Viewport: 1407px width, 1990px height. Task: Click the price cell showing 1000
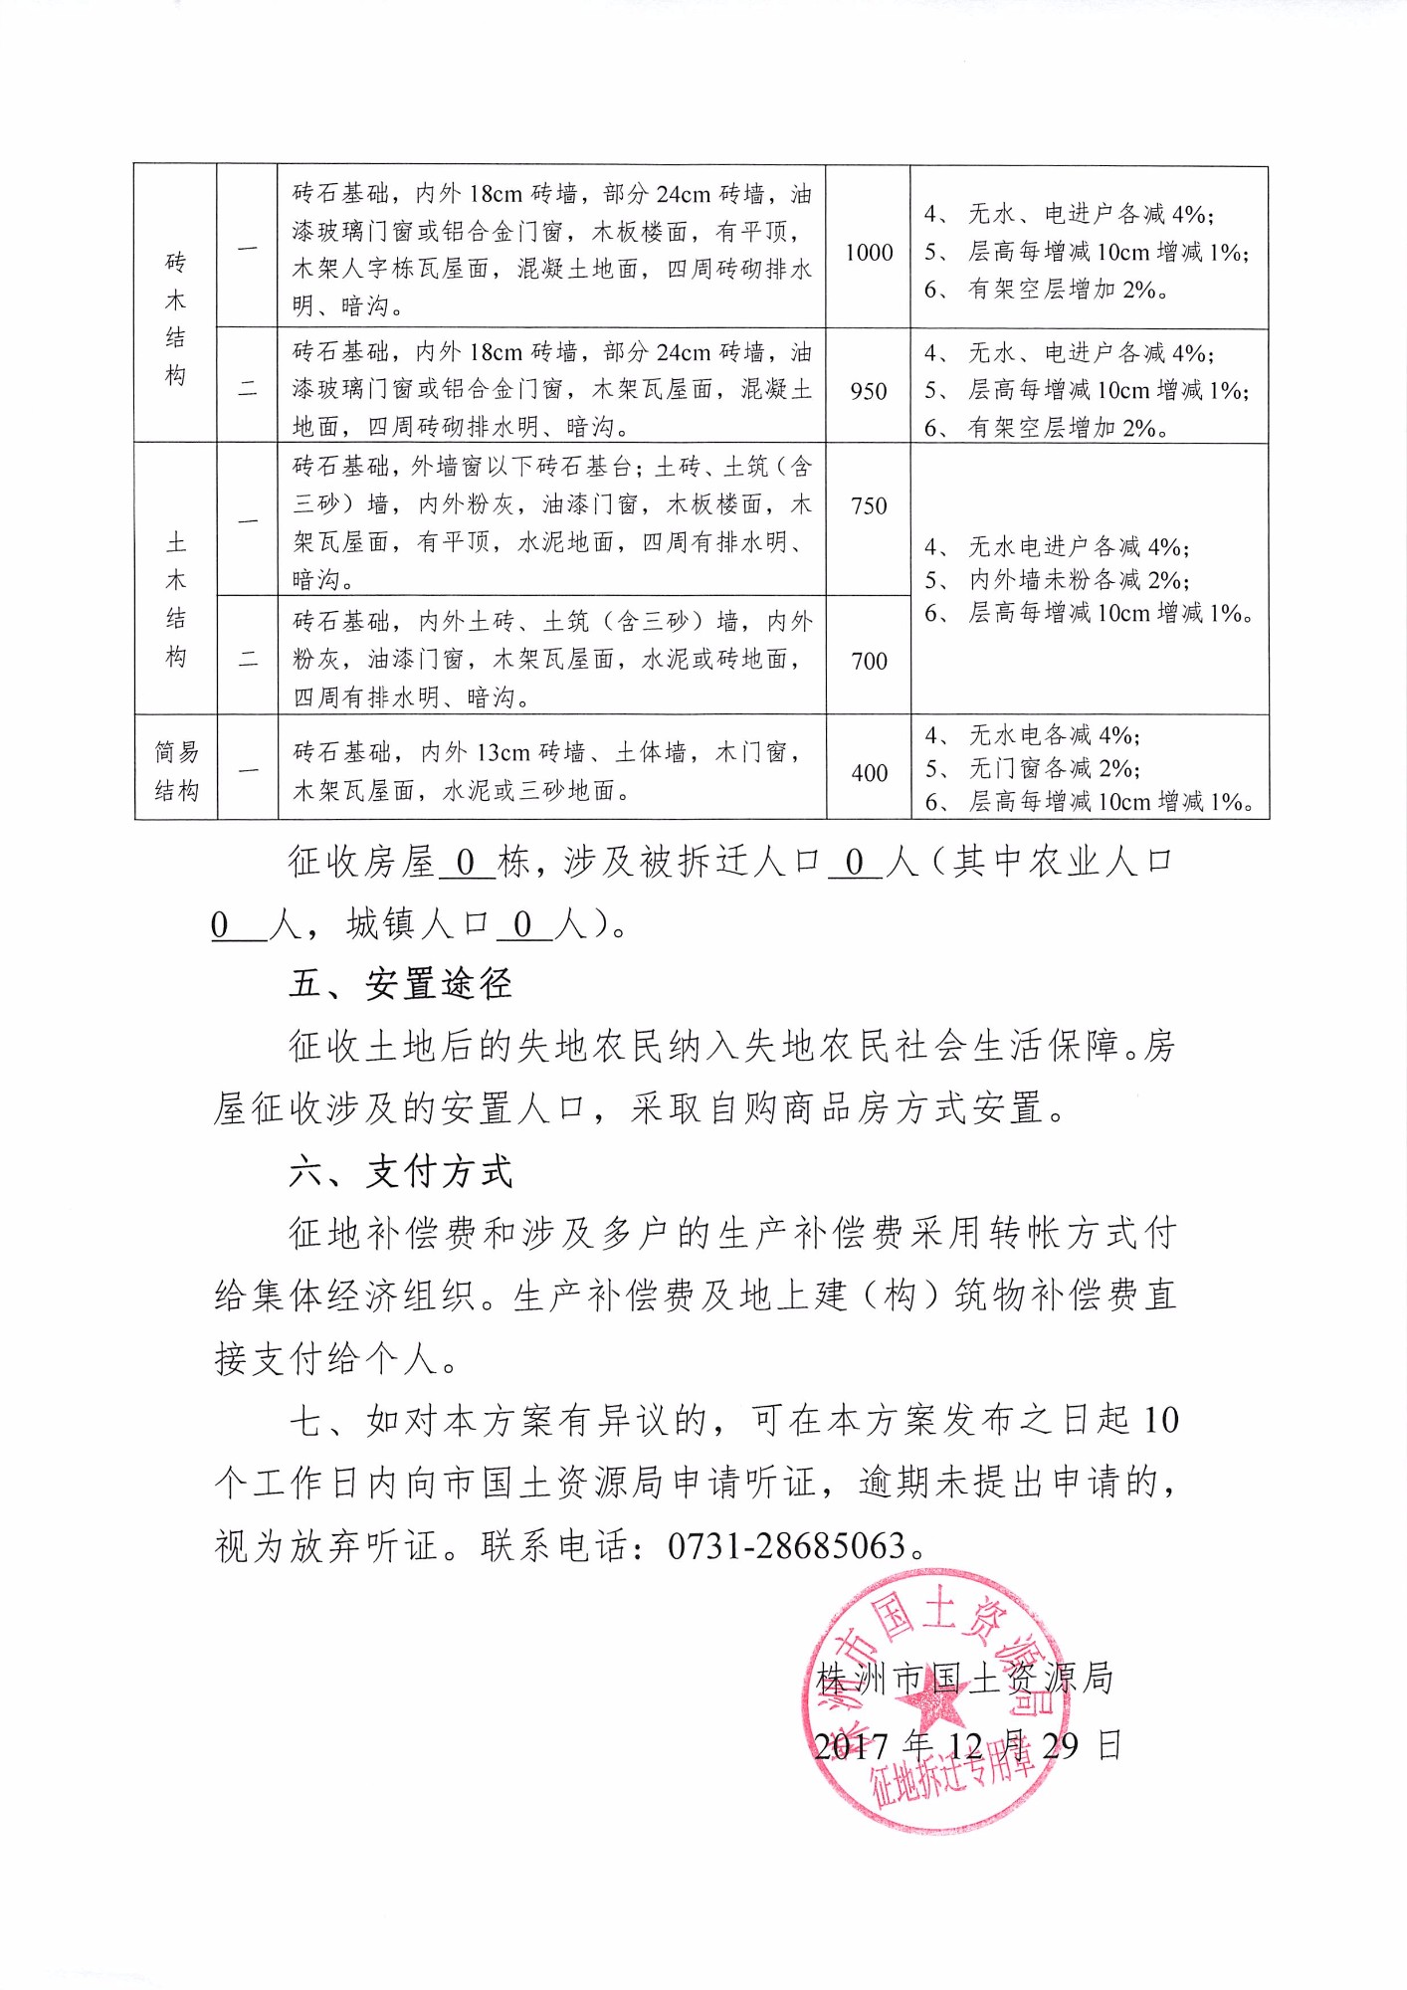coord(869,252)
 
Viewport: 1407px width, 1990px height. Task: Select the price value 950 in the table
coord(869,391)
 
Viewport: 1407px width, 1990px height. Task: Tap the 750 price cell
coord(869,505)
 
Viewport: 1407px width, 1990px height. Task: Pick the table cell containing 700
coord(869,660)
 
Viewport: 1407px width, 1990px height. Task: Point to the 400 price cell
coord(869,772)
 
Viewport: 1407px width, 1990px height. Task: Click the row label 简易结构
coord(176,771)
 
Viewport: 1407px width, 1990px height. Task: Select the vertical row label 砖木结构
coord(176,318)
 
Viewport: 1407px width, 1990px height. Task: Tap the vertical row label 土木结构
coord(176,599)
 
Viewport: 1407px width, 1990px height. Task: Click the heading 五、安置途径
coord(400,984)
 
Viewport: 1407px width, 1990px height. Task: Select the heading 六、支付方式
coord(400,1171)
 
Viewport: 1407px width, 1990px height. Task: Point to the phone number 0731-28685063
coord(786,1545)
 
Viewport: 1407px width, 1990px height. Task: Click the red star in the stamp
coord(933,1702)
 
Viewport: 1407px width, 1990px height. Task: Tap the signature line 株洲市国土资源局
coord(963,1679)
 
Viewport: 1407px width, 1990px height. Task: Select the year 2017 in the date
coord(850,1746)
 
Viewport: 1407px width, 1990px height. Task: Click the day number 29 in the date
coord(1061,1745)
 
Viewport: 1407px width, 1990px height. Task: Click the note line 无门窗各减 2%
coord(1054,768)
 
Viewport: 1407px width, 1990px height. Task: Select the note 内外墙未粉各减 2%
coord(1079,580)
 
